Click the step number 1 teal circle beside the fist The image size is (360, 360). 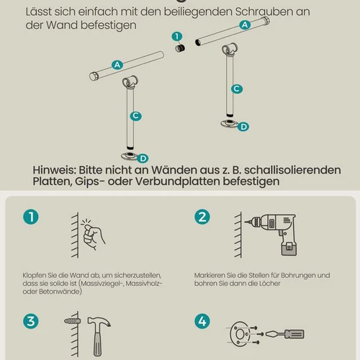tap(31, 217)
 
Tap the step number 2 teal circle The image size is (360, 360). tap(202, 217)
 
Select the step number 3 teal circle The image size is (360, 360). tap(31, 321)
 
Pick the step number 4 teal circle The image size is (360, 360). tap(202, 321)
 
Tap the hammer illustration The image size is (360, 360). tap(99, 336)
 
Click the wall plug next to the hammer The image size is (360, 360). tap(72, 321)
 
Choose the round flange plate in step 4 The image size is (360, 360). tap(239, 334)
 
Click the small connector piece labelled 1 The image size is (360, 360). tap(180, 48)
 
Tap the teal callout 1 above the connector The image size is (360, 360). tap(177, 37)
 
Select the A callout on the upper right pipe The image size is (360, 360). tap(245, 24)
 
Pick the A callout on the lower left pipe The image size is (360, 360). tap(117, 65)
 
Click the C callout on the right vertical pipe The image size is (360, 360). tap(237, 89)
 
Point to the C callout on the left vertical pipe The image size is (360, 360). tap(135, 116)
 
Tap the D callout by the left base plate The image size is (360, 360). tap(143, 158)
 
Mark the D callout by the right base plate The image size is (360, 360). tap(243, 127)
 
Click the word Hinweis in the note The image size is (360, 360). tap(54, 170)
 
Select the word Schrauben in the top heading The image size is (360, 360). tap(264, 12)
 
